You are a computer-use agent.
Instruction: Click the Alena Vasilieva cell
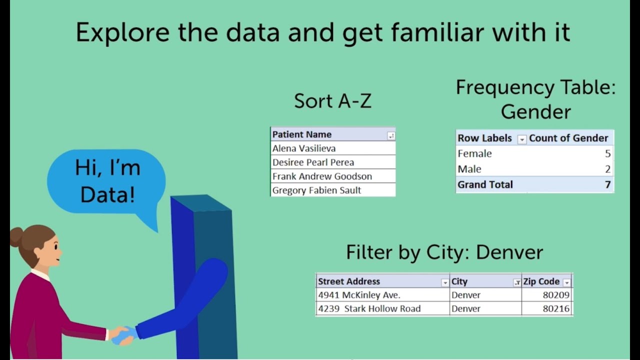[x=304, y=148]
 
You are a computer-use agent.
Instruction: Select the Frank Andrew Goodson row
[x=322, y=176]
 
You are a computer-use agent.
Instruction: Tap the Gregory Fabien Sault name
[x=316, y=190]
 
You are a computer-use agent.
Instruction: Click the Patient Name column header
[x=302, y=134]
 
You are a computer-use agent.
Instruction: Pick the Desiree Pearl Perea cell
[x=313, y=162]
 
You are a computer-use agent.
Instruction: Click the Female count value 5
[x=607, y=153]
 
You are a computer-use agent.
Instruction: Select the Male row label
[x=469, y=169]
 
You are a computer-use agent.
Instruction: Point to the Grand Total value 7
[x=607, y=184]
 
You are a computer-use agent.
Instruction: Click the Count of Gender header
[x=568, y=138]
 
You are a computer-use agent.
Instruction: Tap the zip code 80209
[x=556, y=295]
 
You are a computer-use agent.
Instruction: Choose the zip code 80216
[x=556, y=308]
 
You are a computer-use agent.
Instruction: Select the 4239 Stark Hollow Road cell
[x=369, y=308]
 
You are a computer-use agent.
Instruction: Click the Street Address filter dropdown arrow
[x=444, y=283]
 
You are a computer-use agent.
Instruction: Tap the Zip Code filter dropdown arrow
[x=566, y=283]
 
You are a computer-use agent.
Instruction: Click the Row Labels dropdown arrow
[x=521, y=139]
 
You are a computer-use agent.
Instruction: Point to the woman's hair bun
[x=16, y=236]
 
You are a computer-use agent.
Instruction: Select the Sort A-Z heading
[x=332, y=101]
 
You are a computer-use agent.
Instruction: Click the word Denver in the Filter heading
[x=509, y=252]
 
